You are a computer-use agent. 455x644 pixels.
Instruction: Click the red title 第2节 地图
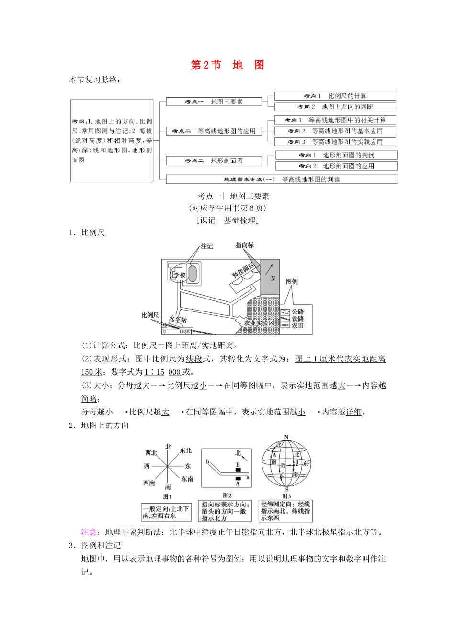pyautogui.click(x=227, y=65)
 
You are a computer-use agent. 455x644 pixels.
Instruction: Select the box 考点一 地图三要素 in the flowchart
pyautogui.click(x=214, y=102)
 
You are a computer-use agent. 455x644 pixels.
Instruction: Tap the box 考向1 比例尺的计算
pyautogui.click(x=335, y=96)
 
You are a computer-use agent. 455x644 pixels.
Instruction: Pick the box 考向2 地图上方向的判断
pyautogui.click(x=335, y=107)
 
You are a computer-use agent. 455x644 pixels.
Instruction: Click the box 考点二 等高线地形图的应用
pyautogui.click(x=214, y=131)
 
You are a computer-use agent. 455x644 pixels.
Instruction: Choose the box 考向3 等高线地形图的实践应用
pyautogui.click(x=335, y=142)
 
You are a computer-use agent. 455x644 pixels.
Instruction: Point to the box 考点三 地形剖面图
pyautogui.click(x=214, y=161)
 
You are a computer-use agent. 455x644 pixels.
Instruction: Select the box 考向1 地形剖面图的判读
pyautogui.click(x=336, y=155)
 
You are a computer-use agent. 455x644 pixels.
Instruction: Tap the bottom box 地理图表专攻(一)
pyautogui.click(x=282, y=179)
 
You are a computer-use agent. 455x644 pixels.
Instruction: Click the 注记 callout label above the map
pyautogui.click(x=206, y=246)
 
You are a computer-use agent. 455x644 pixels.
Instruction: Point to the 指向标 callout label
pyautogui.click(x=245, y=245)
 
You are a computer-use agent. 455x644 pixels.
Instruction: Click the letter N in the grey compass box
pyautogui.click(x=273, y=279)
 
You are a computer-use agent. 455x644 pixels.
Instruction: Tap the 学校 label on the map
pyautogui.click(x=179, y=275)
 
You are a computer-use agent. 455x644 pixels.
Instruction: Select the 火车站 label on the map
pyautogui.click(x=178, y=320)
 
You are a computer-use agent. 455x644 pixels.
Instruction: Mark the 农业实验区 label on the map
pyautogui.click(x=259, y=323)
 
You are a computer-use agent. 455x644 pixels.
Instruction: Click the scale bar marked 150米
pyautogui.click(x=176, y=331)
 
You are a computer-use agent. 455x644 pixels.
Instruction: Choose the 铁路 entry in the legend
pyautogui.click(x=297, y=319)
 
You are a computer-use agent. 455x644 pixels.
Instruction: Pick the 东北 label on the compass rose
pyautogui.click(x=185, y=451)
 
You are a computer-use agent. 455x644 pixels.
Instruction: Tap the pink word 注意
pyautogui.click(x=90, y=532)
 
